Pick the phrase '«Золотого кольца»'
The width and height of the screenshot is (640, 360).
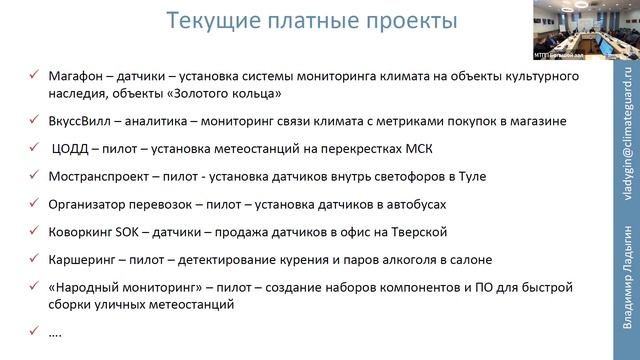tap(226, 94)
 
